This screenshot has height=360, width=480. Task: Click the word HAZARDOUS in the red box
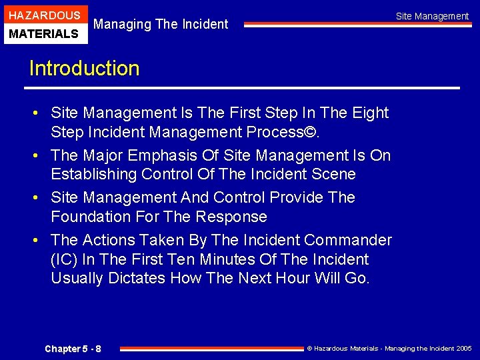(x=45, y=15)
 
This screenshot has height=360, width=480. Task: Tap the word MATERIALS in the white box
(x=45, y=33)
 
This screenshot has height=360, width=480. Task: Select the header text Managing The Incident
(x=161, y=24)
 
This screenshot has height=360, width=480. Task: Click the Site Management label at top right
(x=432, y=16)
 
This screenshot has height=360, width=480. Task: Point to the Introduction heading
(x=84, y=69)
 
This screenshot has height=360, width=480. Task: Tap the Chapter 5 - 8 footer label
(x=73, y=349)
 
